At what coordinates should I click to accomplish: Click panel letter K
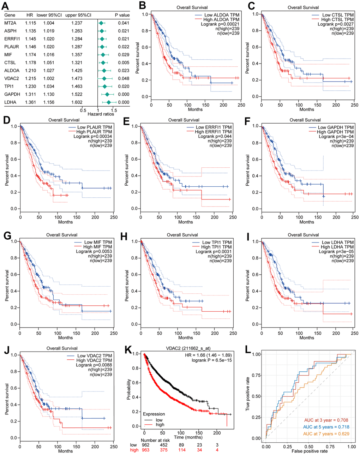[x=129, y=351]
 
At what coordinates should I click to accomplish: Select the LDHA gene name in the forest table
[x=10, y=102]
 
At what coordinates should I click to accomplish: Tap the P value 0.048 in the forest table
[x=124, y=78]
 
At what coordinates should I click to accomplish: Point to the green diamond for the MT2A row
[x=101, y=23]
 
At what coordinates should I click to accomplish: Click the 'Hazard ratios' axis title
[x=101, y=114]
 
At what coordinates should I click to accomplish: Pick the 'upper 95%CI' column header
[x=78, y=15]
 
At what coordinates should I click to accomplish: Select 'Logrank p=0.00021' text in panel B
[x=220, y=24]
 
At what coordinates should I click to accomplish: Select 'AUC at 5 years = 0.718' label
[x=326, y=427]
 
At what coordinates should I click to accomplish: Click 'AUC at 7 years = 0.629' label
[x=326, y=434]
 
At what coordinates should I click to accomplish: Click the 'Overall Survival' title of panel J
[x=62, y=348]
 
